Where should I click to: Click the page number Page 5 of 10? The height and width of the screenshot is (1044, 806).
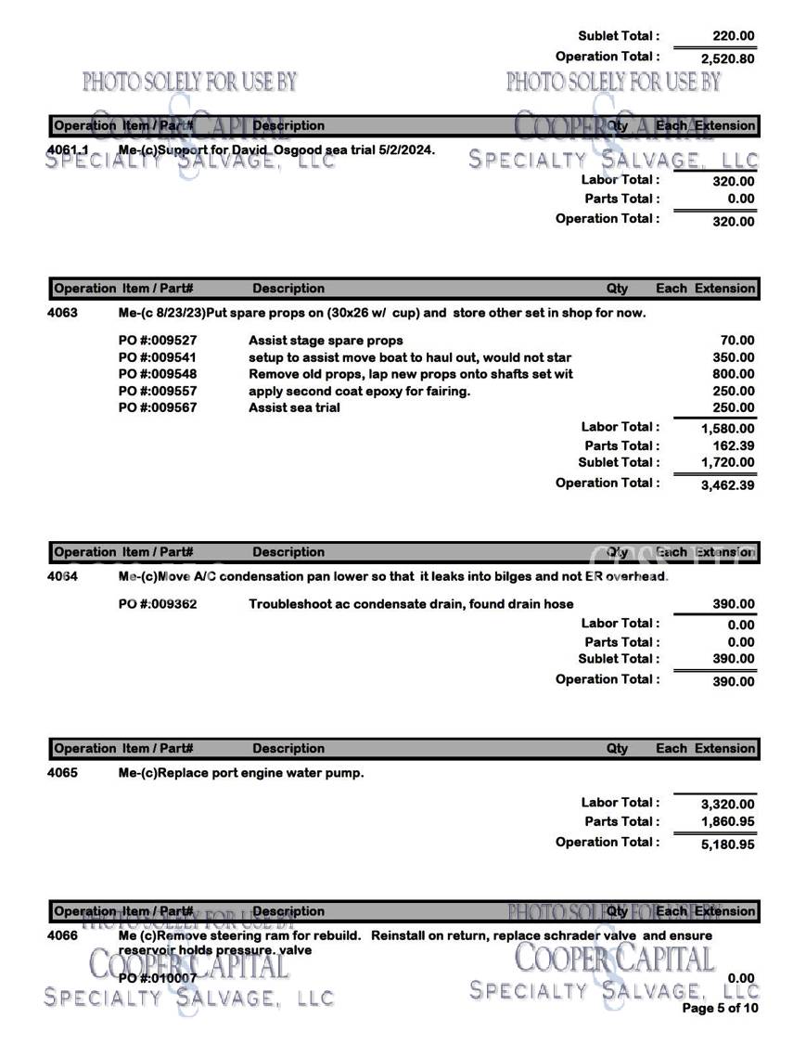[720, 1009]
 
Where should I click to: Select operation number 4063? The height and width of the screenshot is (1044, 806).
[62, 313]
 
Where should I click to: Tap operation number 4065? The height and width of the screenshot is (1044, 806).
[62, 772]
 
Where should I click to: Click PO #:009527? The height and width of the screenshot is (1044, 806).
[158, 341]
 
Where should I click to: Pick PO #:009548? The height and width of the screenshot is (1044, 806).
[158, 374]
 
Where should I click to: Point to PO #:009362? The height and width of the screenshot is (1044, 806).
[158, 604]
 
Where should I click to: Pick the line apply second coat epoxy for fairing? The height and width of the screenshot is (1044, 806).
[359, 391]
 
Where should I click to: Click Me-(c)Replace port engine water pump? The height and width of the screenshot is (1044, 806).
[241, 772]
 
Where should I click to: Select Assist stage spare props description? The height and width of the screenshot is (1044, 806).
[319, 341]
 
